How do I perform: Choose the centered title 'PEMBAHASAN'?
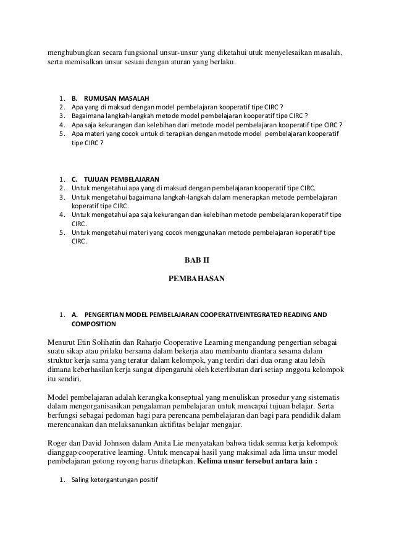[197, 279]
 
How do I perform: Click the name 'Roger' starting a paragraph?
[59, 442]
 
